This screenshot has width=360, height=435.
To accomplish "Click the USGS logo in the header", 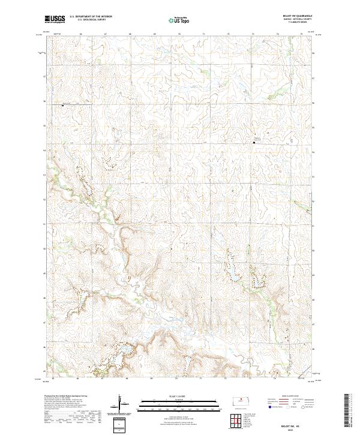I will (x=55, y=19).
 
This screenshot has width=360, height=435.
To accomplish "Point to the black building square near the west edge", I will (x=62, y=105).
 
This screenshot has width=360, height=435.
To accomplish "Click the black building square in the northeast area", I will (x=253, y=142).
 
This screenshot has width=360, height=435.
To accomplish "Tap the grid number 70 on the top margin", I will (x=179, y=35).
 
